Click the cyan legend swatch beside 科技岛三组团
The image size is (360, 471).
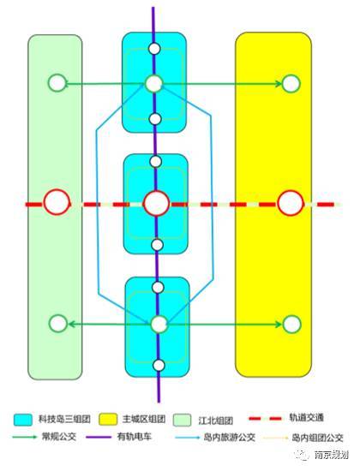[x=23, y=420]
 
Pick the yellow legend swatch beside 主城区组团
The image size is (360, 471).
[x=108, y=420]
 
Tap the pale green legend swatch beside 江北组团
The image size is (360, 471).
[x=182, y=420]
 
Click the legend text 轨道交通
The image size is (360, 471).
[x=307, y=418]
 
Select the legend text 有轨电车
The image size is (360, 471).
[x=135, y=437]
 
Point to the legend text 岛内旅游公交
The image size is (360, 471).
[x=230, y=437]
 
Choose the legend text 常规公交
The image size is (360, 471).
[x=59, y=437]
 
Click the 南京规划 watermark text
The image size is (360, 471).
[x=331, y=455]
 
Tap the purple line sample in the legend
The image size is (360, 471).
[x=99, y=437]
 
